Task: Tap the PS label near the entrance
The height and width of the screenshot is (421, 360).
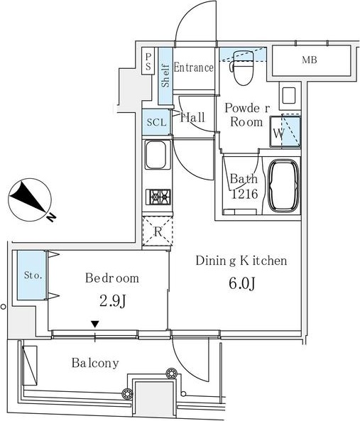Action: point(148,62)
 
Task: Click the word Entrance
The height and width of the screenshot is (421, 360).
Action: point(194,68)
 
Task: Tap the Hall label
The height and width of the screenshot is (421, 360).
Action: point(192,118)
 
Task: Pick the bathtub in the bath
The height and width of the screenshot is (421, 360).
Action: point(284,186)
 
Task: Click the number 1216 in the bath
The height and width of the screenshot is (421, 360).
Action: point(243,192)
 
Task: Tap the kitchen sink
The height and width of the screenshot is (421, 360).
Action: point(156,155)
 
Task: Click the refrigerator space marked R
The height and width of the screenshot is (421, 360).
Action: point(156,231)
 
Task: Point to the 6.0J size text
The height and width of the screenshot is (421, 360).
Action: point(241,283)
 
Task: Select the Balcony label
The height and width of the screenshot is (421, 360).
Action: point(94,363)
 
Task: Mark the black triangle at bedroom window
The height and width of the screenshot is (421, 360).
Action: point(94,325)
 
